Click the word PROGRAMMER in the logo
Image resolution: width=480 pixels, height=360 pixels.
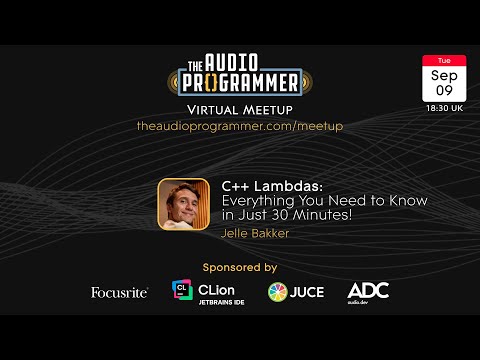tap(240, 81)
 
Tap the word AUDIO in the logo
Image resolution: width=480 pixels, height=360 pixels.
tap(249, 59)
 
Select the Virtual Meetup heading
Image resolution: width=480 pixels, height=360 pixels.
tap(240, 108)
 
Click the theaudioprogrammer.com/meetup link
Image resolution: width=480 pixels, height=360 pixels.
tap(240, 126)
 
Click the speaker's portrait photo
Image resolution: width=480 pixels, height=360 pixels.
tap(184, 203)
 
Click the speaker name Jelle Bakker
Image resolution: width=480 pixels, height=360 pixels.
tap(256, 234)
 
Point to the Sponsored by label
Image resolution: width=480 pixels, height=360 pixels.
tap(240, 267)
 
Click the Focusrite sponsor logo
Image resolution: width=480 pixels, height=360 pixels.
tap(120, 292)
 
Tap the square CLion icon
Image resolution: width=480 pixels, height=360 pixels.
tap(182, 291)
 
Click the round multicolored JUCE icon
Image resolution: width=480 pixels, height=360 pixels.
tap(279, 292)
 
